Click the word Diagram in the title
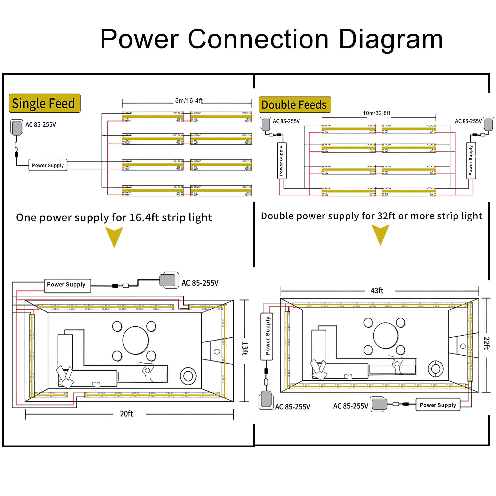coord(391,39)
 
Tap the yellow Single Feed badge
coord(44,103)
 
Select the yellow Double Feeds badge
coord(294,105)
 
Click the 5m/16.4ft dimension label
coord(189,101)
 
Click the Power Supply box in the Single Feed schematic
coord(48,165)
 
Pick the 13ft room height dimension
coord(245,348)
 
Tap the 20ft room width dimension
coord(126,414)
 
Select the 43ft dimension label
coord(377,291)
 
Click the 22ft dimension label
coord(486,343)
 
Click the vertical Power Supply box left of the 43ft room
coord(267,336)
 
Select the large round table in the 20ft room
coord(135,341)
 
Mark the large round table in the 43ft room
coord(386,336)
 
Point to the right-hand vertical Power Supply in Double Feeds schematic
coord(471,160)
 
